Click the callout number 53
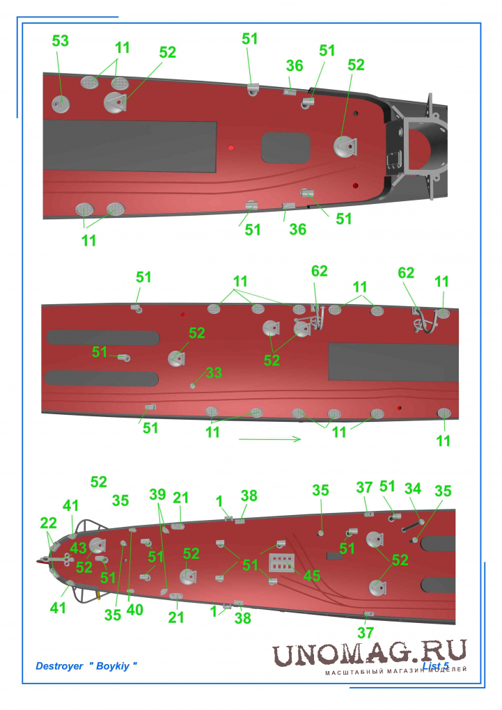pyautogui.click(x=61, y=41)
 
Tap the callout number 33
pyautogui.click(x=214, y=372)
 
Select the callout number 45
pyautogui.click(x=312, y=576)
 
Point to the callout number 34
pyautogui.click(x=413, y=489)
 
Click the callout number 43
pyautogui.click(x=78, y=548)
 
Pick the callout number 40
pyautogui.click(x=134, y=610)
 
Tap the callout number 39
pyautogui.click(x=157, y=494)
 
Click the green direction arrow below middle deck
pyautogui.click(x=270, y=439)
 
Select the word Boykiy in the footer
pyautogui.click(x=113, y=666)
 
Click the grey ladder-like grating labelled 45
pyautogui.click(x=281, y=562)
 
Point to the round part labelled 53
pyautogui.click(x=60, y=104)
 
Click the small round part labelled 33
pyautogui.click(x=193, y=386)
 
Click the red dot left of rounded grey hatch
pyautogui.click(x=231, y=148)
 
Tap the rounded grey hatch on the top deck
pyautogui.click(x=286, y=148)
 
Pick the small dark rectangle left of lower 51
pyautogui.click(x=334, y=555)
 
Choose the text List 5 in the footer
pyautogui.click(x=435, y=666)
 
